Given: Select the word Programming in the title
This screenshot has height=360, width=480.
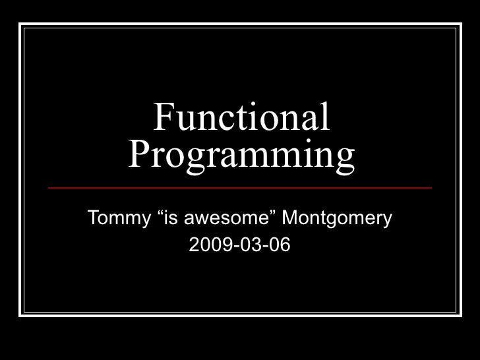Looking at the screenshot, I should click(x=241, y=156).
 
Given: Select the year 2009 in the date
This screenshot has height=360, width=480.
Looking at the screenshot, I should click(x=206, y=246).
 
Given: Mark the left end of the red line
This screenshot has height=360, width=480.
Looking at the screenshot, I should click(x=49, y=188).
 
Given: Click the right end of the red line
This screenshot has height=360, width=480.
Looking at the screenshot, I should click(x=431, y=188).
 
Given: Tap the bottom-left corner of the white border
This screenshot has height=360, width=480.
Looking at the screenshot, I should click(x=20, y=315).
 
